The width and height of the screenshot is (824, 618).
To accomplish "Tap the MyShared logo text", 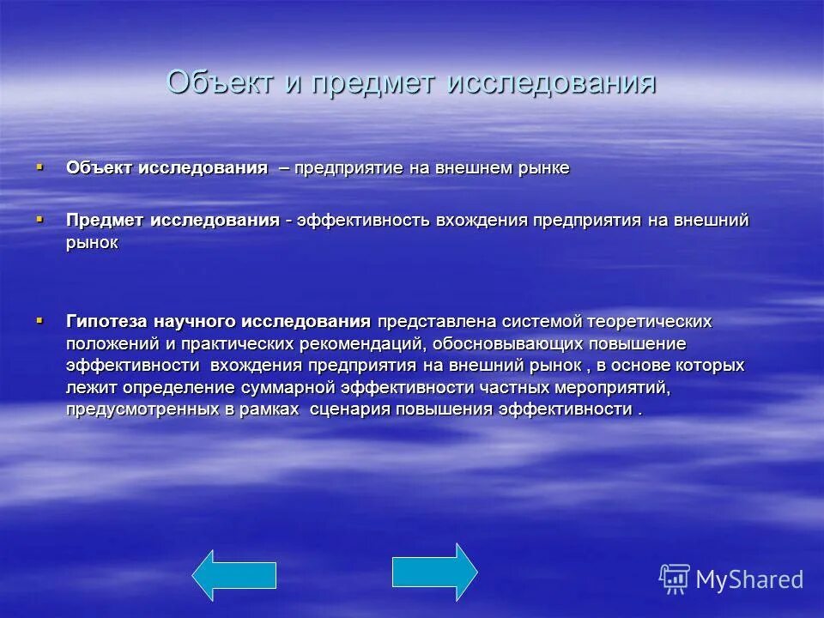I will coord(748,579).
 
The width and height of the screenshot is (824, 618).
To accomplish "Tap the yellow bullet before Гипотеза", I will coord(39,319).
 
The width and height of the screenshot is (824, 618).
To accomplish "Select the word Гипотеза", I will coord(107,321).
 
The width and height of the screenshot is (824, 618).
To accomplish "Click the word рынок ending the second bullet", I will coord(92,244).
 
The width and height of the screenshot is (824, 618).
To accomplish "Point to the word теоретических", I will coord(650,321).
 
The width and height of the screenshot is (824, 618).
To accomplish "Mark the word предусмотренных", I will coord(142,409).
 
